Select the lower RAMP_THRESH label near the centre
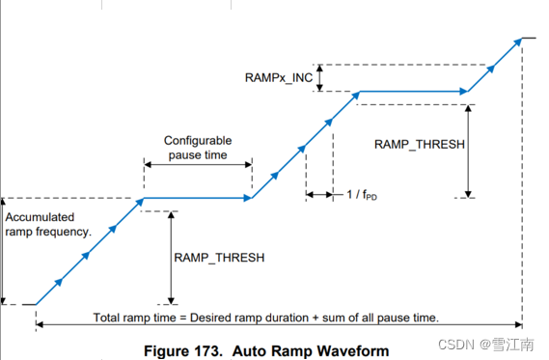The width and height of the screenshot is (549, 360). [x=218, y=258]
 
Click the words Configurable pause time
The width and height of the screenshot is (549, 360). [x=199, y=148]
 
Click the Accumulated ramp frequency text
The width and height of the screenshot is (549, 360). [x=47, y=225]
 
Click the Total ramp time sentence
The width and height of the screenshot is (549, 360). [x=266, y=318]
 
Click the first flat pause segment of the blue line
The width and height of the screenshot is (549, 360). [x=197, y=199]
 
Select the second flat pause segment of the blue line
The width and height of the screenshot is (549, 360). [x=413, y=93]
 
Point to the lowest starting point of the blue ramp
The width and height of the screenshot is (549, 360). [x=37, y=304]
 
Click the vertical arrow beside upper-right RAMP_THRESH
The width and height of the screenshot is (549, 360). [x=468, y=150]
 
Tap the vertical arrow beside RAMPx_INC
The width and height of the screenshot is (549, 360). [x=322, y=77]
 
